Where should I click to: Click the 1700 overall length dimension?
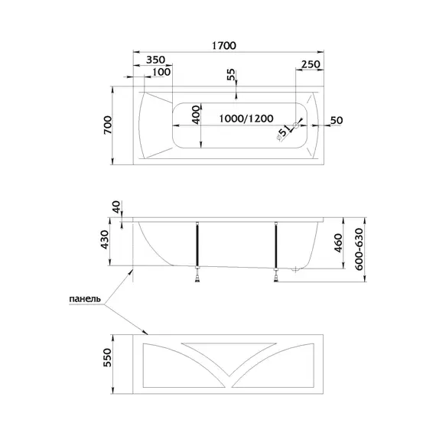pos(224,45)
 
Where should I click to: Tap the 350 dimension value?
pos(156,60)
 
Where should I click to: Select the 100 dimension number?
pos(161,72)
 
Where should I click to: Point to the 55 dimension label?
pos(231,74)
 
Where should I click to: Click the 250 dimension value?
pos(311,64)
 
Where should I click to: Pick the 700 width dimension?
pos(108,125)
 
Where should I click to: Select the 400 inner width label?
pos(196,115)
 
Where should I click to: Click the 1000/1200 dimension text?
pos(246,119)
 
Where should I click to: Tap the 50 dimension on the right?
pos(337,120)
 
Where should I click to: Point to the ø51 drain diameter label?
pos(283,132)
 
